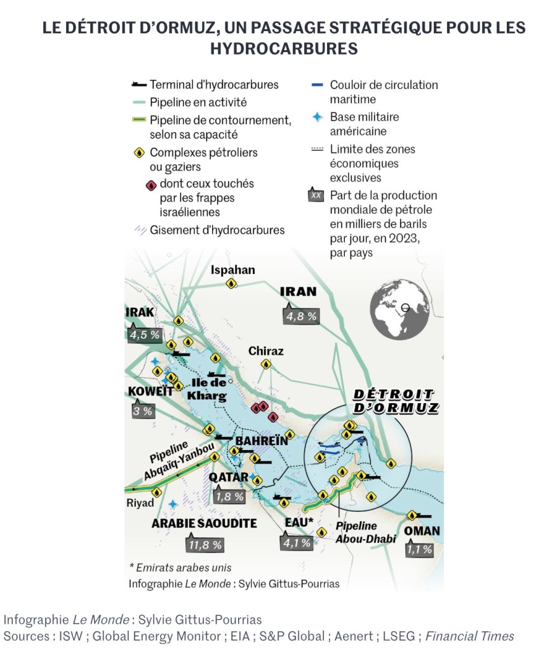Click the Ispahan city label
coord(233,270)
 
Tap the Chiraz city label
coord(266,351)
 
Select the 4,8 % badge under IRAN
coord(301,317)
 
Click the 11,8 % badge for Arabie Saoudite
coord(205,544)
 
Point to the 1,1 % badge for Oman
coord(419,549)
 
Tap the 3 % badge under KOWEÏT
coord(142,411)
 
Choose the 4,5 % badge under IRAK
coord(145,334)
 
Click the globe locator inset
coord(399,311)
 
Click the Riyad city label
coord(140,503)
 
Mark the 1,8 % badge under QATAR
coord(230,497)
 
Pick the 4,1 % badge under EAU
coord(297,543)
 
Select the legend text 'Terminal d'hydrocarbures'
coord(214,85)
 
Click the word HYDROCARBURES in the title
coord(284,48)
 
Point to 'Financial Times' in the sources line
coord(469,636)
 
